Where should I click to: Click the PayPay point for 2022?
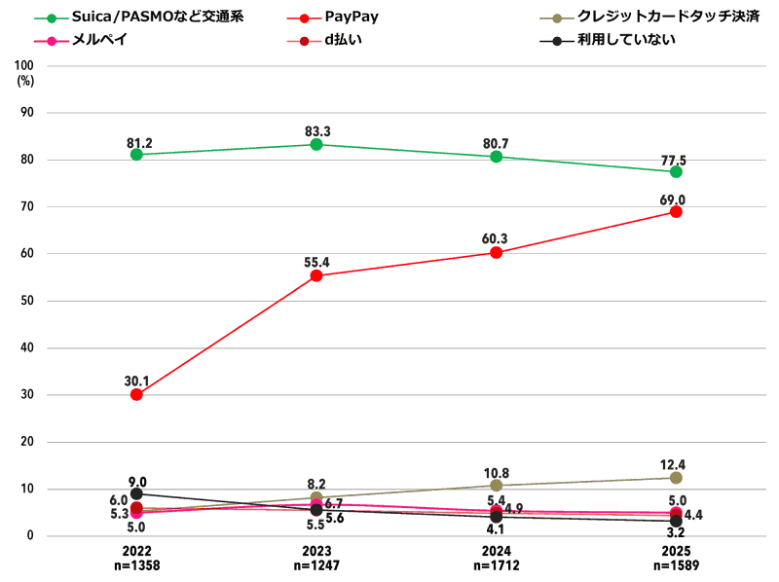(136, 394)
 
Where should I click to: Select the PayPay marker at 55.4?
(316, 275)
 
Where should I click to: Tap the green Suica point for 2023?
(316, 144)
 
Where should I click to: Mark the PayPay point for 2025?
(676, 211)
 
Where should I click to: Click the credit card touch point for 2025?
(676, 478)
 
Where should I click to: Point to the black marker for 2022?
(136, 493)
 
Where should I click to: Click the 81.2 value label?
(139, 143)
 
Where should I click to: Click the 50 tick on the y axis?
(25, 301)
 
